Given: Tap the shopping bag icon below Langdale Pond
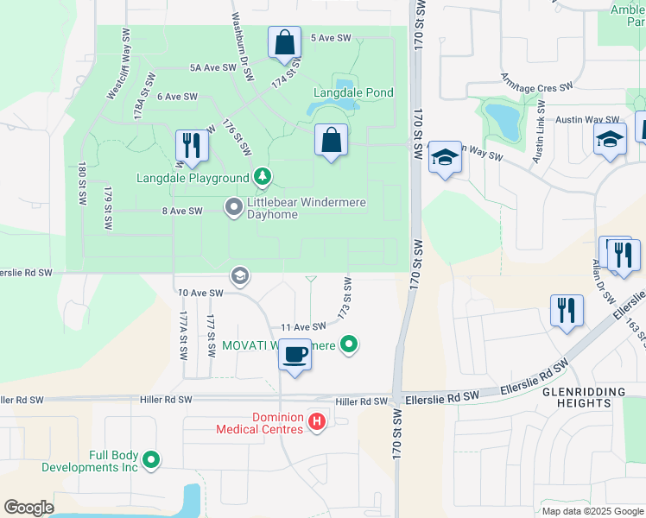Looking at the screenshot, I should pos(332,141).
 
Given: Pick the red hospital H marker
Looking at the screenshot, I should pos(317,422).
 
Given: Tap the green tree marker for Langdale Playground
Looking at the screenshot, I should pos(263,179).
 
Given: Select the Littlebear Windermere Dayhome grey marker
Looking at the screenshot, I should pos(233,206).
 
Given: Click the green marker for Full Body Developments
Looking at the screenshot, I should pos(152,460).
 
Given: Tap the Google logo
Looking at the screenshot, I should pos(28,508).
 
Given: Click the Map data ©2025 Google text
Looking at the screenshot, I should pos(592,511).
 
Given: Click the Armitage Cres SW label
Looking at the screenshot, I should pos(537,81).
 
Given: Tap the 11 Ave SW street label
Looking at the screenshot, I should pos(302,327).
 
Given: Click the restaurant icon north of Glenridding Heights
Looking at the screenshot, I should pos(565,311).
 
